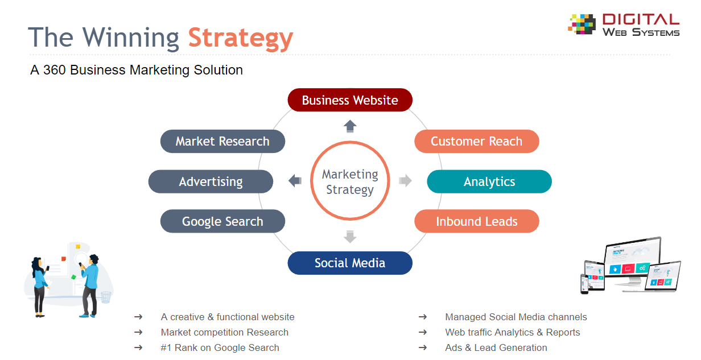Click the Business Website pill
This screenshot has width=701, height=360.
coord(350,100)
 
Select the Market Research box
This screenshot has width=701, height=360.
coord(222,142)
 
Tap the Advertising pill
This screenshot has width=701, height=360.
coord(211,181)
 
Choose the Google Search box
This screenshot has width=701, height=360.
coord(222,221)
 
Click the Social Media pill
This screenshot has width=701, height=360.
coord(350,263)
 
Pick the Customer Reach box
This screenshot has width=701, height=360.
coord(477,142)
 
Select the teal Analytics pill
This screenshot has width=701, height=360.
coord(489,181)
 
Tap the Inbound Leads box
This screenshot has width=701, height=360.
coord(477,221)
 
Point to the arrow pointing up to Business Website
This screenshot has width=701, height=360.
coord(350,126)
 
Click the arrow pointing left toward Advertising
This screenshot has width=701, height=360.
coord(295,180)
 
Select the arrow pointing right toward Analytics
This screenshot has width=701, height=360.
coord(405,180)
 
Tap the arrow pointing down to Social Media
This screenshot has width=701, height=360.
coord(350,237)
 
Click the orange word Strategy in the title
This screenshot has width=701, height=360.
coord(240,39)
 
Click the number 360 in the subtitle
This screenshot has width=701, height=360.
coord(54,70)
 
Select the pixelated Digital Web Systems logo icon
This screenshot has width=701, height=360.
coord(582,24)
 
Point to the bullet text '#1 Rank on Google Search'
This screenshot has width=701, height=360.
coord(220,347)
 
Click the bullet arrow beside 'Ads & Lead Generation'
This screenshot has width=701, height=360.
coord(423,347)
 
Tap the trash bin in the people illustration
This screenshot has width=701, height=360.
coord(106,297)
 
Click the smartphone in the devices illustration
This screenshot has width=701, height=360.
coord(584,284)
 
